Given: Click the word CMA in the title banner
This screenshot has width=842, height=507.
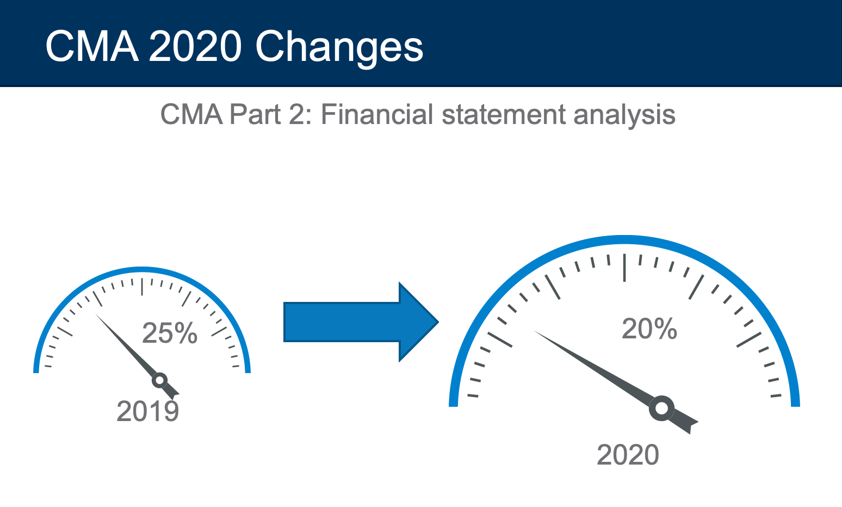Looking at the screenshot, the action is (x=92, y=47).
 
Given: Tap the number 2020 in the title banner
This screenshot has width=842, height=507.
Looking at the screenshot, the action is (x=195, y=47).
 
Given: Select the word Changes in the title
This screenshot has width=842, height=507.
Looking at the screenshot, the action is (x=339, y=49).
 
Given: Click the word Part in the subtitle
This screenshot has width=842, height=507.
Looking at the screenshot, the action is (x=255, y=114).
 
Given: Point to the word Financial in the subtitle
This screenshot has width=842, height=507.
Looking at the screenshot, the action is (x=377, y=114).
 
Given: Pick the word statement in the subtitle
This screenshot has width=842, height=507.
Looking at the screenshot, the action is (x=504, y=114).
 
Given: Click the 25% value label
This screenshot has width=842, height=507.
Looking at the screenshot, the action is (x=170, y=333).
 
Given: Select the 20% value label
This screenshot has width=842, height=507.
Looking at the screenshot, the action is (x=649, y=329).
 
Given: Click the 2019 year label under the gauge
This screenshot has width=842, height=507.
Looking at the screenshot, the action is (x=148, y=412).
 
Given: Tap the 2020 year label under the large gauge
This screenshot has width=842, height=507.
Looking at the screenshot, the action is (x=628, y=455).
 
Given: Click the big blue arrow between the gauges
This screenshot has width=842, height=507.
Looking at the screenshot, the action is (x=361, y=322).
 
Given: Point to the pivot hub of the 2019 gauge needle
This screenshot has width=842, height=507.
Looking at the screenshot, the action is (x=160, y=380).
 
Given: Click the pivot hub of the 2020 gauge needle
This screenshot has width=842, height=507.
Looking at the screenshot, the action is (x=661, y=408).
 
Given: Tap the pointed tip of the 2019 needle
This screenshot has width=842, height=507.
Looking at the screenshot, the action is (x=96, y=314).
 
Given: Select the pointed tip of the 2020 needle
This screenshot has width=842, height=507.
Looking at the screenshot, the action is (x=534, y=331).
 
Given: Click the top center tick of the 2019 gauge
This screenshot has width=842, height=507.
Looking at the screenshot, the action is (x=142, y=287).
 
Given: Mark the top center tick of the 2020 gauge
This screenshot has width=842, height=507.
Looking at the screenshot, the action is (x=624, y=268).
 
